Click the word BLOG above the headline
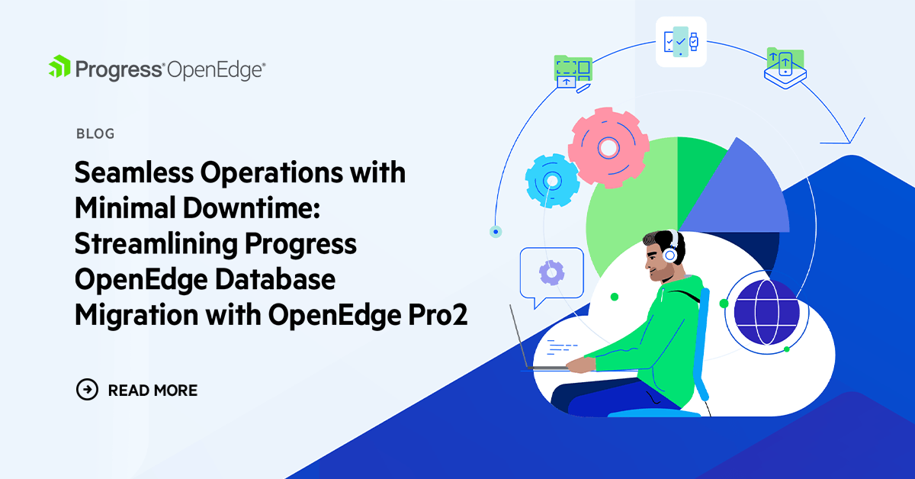point(95,134)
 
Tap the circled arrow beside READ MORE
point(88,390)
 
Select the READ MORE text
point(152,391)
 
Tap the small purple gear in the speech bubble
point(551,272)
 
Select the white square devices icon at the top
point(681,41)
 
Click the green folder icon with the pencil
point(573,72)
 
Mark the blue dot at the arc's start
point(496,230)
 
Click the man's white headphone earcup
point(671,256)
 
